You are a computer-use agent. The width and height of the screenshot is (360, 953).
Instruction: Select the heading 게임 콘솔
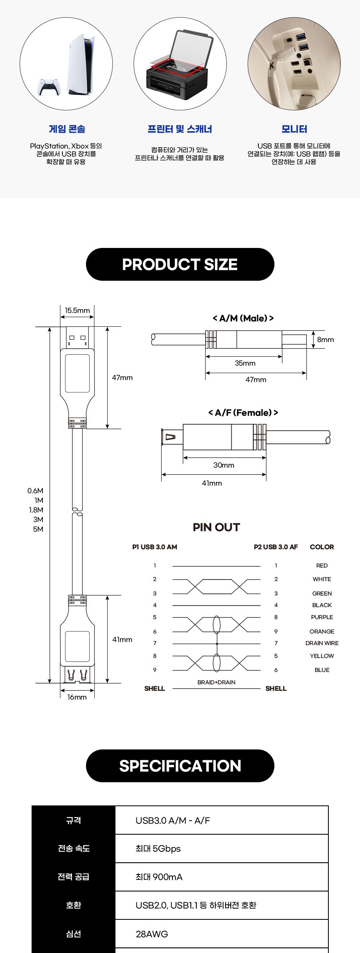tap(67, 129)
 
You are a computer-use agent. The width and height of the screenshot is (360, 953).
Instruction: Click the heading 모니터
tap(294, 129)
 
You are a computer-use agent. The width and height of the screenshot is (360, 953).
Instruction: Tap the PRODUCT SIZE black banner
tap(180, 264)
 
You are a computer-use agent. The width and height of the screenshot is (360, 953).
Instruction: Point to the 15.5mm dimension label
tap(77, 310)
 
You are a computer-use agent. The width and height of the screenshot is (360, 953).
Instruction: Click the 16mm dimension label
tap(77, 697)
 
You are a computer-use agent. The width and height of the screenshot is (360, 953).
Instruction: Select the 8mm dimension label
tap(325, 340)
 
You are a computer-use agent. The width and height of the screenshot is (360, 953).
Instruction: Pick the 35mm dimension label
tap(245, 363)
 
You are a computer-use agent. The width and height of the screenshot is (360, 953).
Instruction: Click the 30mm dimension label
tap(224, 465)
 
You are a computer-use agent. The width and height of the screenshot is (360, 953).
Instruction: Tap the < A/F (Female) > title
tap(243, 413)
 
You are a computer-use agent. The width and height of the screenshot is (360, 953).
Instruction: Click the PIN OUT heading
tap(216, 527)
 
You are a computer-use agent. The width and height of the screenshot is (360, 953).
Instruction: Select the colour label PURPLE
tap(322, 617)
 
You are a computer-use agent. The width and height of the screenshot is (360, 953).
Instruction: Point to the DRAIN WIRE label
tap(322, 643)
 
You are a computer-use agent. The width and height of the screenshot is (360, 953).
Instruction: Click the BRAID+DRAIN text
tap(216, 682)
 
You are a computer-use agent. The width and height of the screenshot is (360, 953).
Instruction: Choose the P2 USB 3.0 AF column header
tap(276, 547)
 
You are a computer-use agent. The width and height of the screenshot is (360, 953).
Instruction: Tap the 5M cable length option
tap(38, 529)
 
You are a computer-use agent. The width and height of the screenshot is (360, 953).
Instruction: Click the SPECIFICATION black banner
tap(180, 766)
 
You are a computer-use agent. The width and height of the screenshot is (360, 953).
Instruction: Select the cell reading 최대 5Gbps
tap(158, 849)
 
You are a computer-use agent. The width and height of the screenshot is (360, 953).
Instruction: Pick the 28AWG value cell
tap(152, 934)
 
